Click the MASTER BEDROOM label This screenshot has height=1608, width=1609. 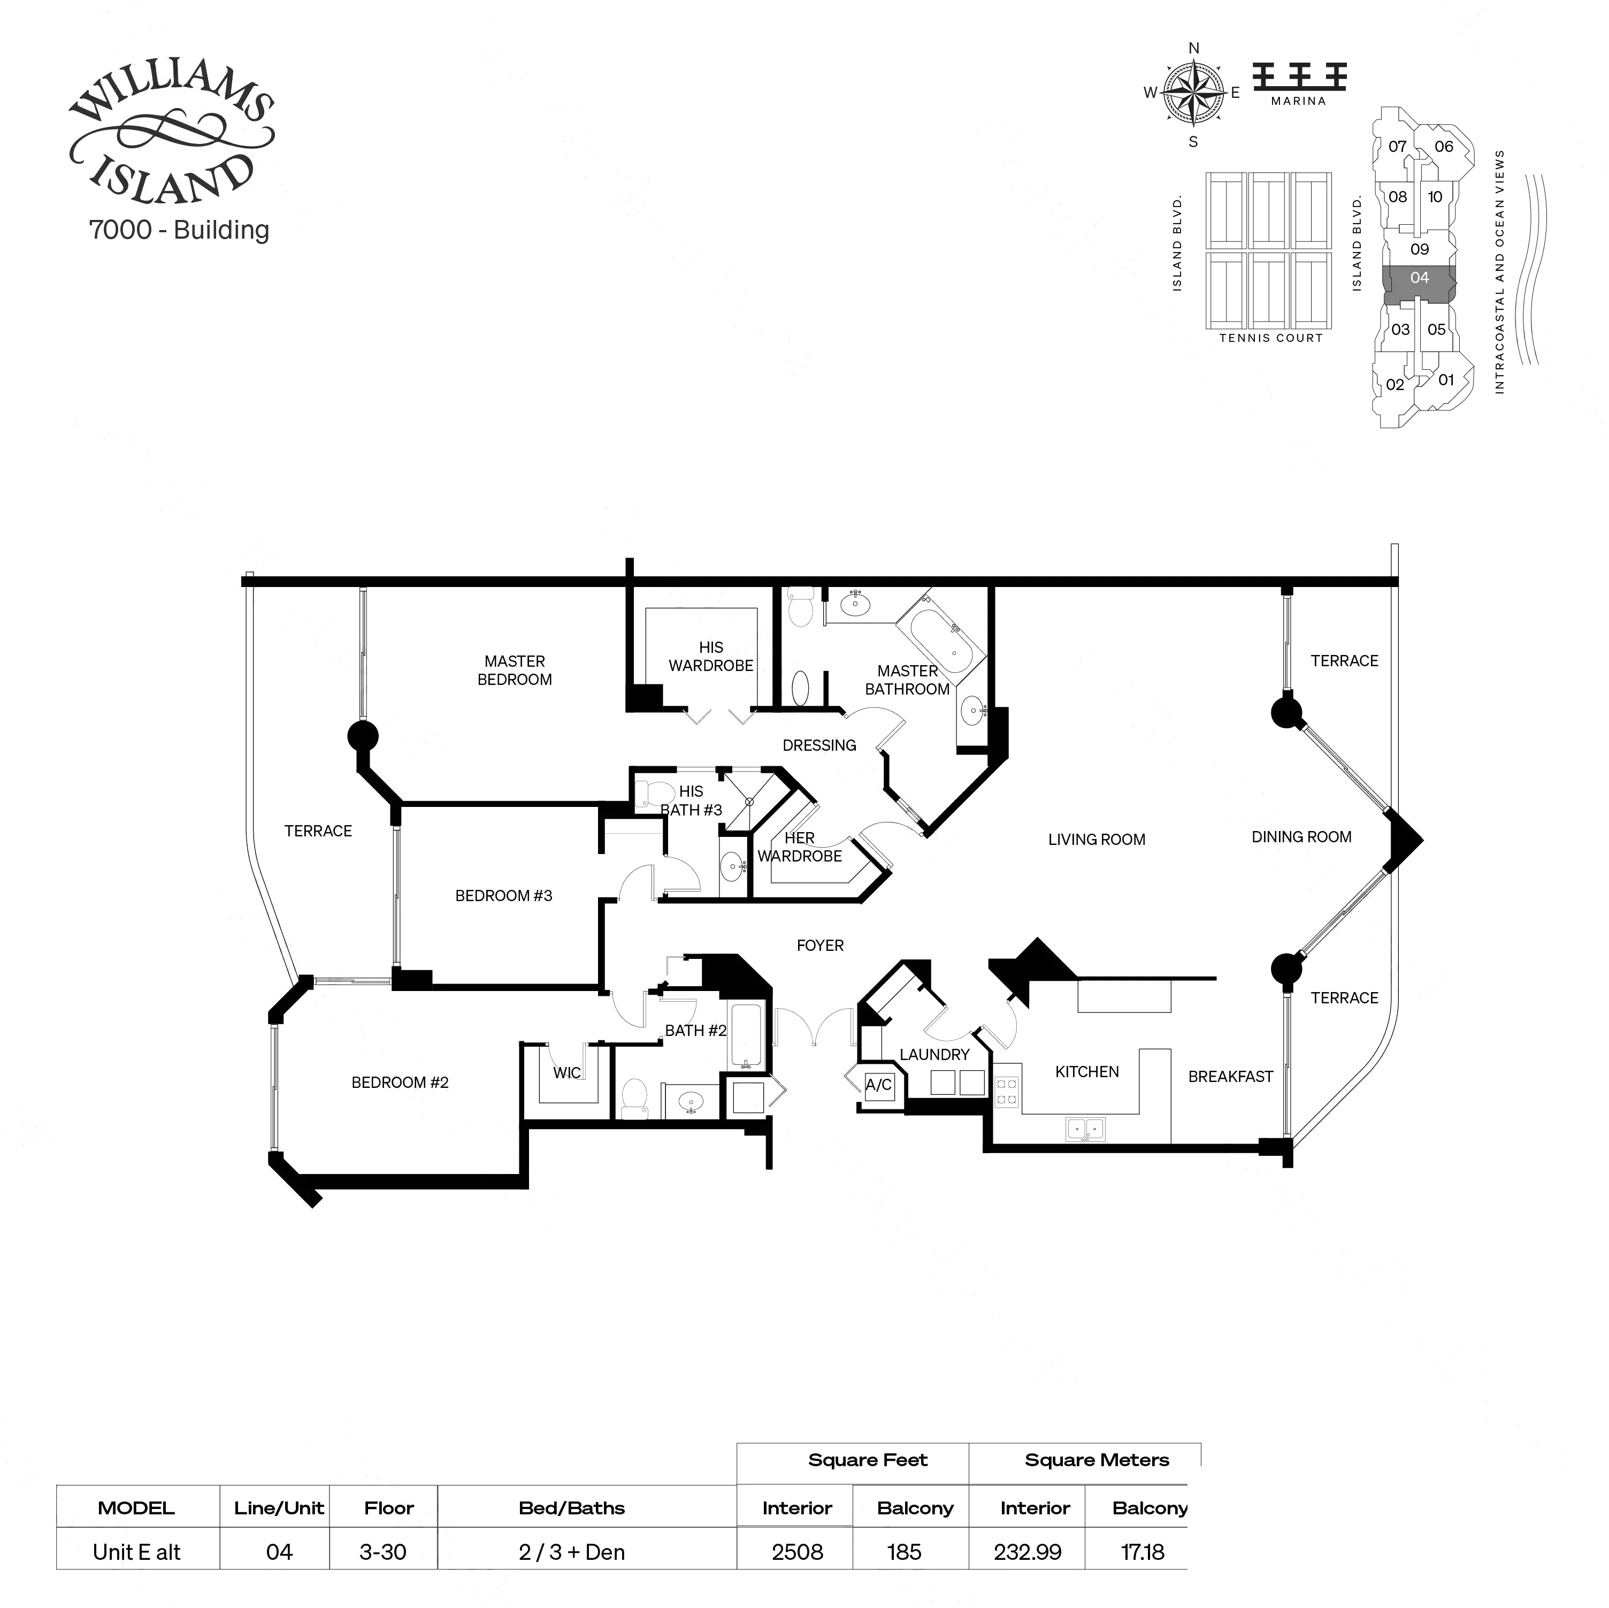(x=514, y=670)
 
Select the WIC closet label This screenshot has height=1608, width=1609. (x=566, y=1072)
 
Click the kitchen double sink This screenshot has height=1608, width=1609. (x=1085, y=1129)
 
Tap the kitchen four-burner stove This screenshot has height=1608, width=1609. (x=1007, y=1092)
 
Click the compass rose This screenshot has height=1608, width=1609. (x=1193, y=93)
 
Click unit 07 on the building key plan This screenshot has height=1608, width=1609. (x=1397, y=147)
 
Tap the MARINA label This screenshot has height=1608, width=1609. (x=1298, y=101)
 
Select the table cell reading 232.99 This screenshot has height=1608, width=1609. (x=1027, y=1552)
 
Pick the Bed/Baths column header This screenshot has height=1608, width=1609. (x=571, y=1508)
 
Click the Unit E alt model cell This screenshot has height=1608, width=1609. (x=136, y=1552)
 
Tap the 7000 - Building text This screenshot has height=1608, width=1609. (x=179, y=230)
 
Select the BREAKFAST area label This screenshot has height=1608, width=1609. (x=1230, y=1077)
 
